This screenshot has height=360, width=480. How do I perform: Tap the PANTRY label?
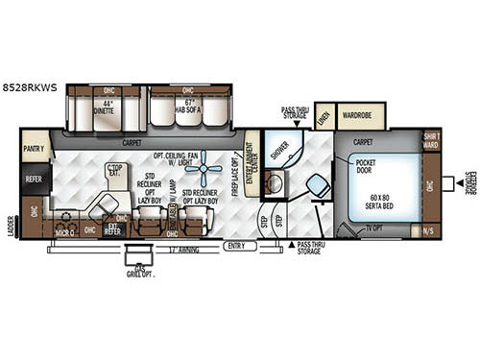(35, 149)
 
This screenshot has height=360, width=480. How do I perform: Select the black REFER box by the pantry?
(34, 177)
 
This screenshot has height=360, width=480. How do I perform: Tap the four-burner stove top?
(65, 219)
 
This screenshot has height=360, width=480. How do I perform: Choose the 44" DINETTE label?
(104, 108)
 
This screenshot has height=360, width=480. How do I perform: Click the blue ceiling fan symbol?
(204, 178)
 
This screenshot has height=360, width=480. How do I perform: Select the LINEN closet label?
(324, 116)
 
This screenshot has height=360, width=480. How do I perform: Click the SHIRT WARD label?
(430, 141)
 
